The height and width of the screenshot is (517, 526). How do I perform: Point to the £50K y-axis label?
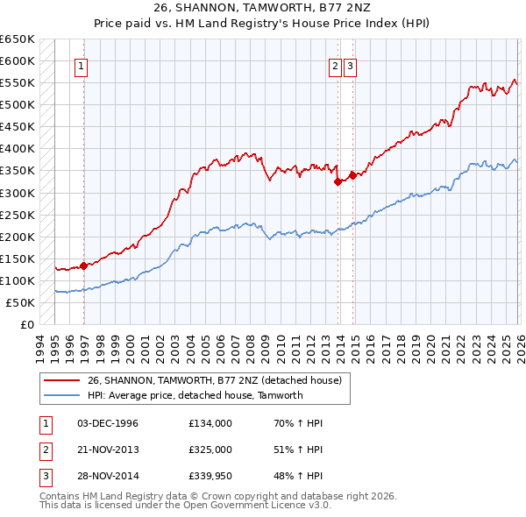pos(20,303)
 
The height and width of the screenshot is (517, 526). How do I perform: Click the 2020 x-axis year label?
pos(430,344)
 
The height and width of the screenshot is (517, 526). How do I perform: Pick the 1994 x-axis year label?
pos(40,344)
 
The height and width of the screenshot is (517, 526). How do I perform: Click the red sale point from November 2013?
pos(338,182)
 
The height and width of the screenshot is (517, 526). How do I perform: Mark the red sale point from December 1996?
pos(83,266)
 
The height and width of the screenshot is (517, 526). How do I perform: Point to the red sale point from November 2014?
pos(352,175)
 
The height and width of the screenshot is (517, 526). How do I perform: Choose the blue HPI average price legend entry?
pos(195,395)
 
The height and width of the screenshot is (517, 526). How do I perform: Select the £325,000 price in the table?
pos(210,450)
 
